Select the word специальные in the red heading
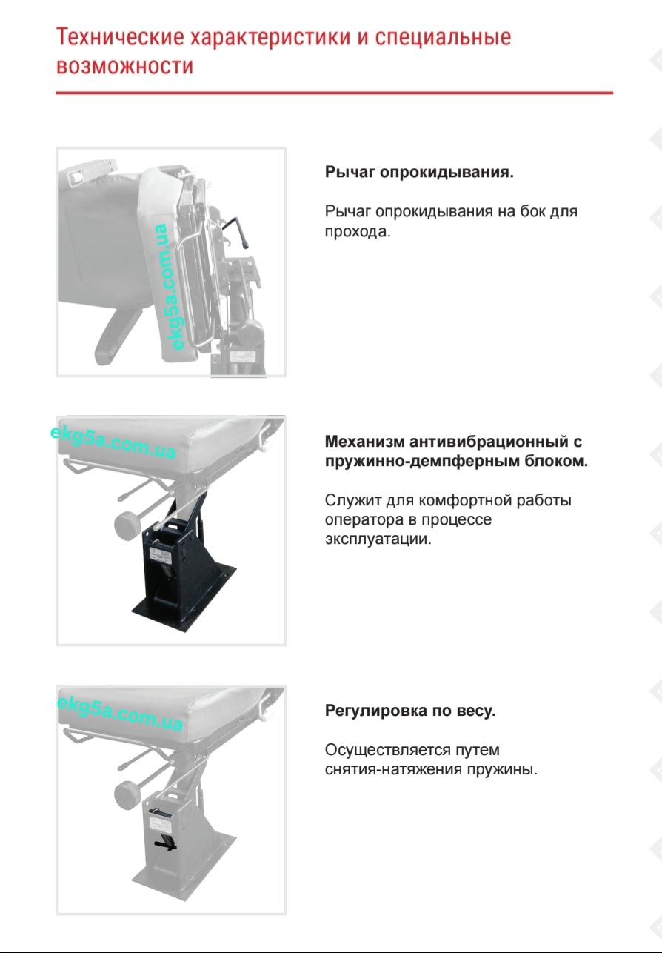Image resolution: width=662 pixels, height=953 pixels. click(x=443, y=37)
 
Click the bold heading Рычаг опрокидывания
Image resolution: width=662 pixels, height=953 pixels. click(x=419, y=173)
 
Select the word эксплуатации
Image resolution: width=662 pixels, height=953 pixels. click(x=376, y=539)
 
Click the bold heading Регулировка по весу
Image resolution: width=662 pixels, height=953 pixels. click(x=410, y=711)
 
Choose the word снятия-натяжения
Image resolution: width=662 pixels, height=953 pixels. click(x=393, y=769)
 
